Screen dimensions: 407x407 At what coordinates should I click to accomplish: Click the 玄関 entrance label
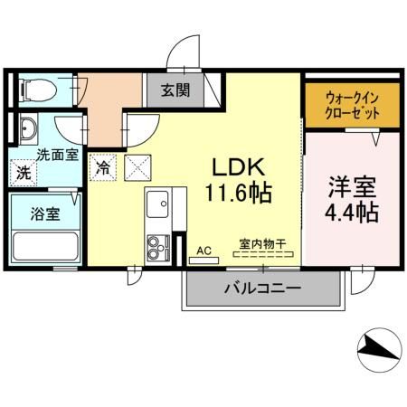tap(176, 90)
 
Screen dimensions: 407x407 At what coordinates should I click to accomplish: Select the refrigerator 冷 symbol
tap(104, 167)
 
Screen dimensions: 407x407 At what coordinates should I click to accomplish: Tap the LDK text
tap(238, 168)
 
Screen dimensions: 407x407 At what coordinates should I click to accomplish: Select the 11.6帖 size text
tap(238, 193)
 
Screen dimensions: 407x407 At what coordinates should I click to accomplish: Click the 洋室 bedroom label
tap(347, 190)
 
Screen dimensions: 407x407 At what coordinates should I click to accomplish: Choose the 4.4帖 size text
tap(347, 215)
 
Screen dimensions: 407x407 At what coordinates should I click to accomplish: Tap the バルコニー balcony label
tap(262, 289)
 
